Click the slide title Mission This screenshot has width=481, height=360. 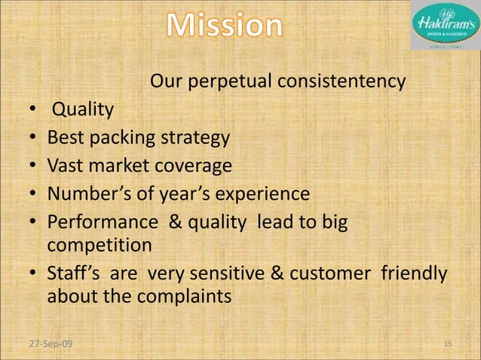(x=225, y=27)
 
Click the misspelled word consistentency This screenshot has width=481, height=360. (x=343, y=81)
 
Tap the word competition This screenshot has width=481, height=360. (x=99, y=246)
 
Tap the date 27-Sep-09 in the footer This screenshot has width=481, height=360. (x=47, y=344)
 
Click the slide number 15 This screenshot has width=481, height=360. (x=447, y=344)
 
